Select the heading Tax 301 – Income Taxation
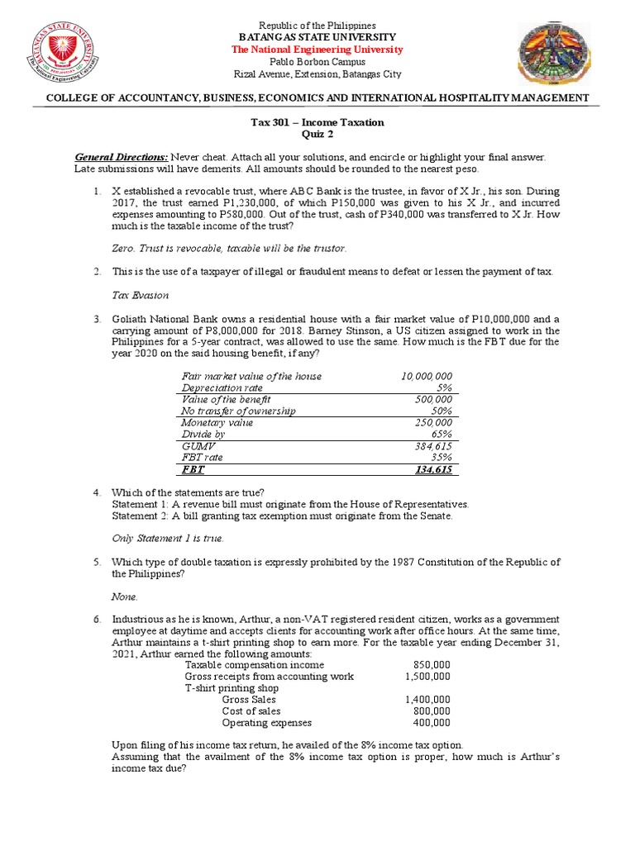(317, 122)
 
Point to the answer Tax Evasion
(140, 295)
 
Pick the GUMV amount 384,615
(435, 445)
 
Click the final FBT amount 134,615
(435, 469)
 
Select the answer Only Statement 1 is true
(168, 538)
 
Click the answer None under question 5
(125, 596)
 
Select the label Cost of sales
(251, 711)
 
